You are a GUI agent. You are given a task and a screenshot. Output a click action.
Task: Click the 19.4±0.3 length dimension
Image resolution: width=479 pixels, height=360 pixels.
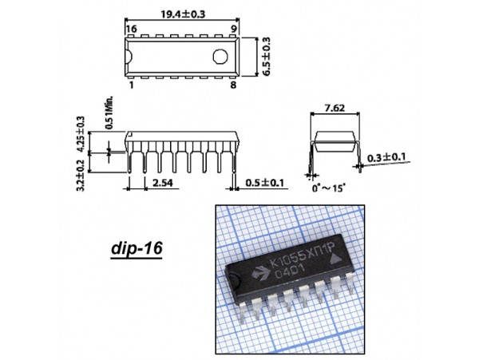pos(183,14)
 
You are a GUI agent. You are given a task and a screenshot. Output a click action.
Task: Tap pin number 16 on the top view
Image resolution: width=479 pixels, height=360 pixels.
pos(132,29)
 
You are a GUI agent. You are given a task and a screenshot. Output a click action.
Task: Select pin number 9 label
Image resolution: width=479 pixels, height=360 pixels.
pos(234,29)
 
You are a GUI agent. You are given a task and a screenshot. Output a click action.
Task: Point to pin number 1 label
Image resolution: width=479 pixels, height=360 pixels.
pos(132,85)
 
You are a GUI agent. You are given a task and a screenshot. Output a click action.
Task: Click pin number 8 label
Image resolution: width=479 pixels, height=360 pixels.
pos(233,85)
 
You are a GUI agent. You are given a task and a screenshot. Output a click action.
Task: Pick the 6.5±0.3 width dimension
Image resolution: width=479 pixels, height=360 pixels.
pos(266,57)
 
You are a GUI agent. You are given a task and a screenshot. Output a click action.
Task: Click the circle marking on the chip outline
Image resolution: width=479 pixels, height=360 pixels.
pos(220,57)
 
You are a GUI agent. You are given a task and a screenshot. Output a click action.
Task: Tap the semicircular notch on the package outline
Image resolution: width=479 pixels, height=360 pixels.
pos(129,57)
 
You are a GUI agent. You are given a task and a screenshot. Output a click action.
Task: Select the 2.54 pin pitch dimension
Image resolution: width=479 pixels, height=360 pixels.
pos(163,183)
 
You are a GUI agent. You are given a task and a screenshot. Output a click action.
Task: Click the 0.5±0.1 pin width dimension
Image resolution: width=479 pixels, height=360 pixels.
pos(265,183)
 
